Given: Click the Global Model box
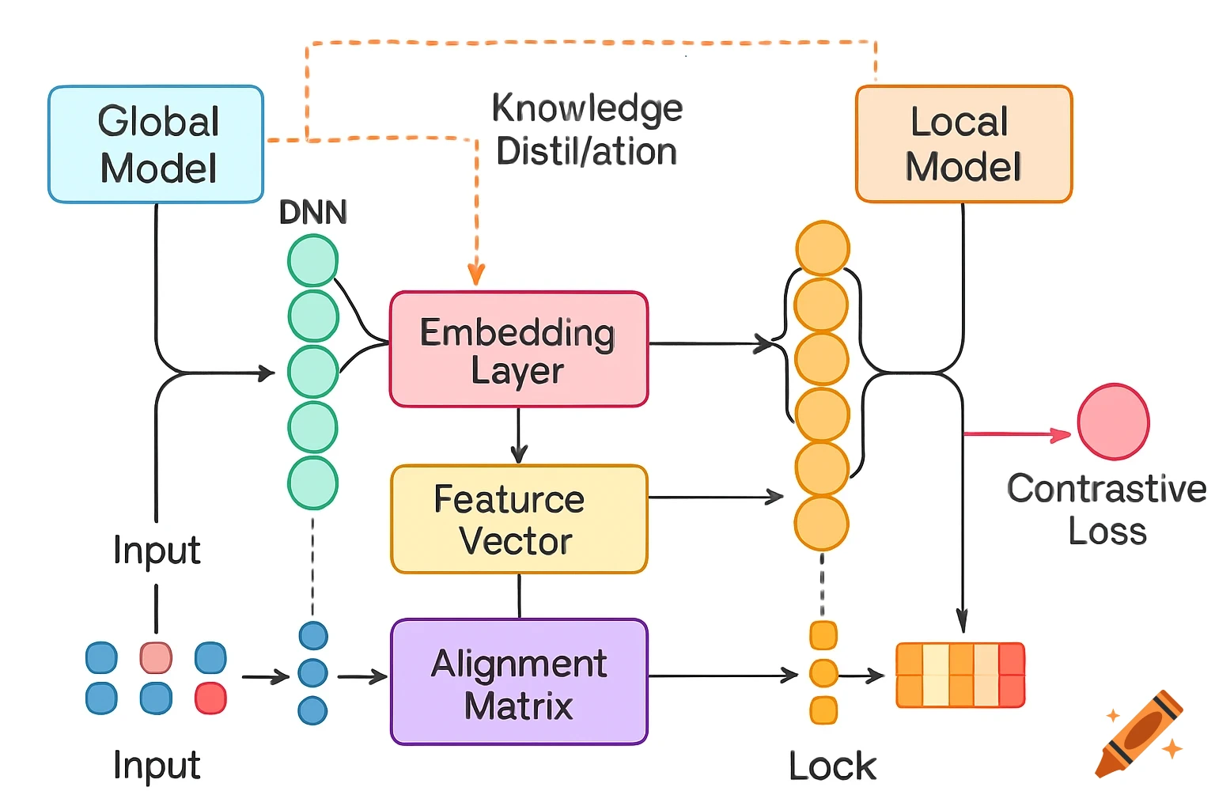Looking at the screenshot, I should tap(156, 144).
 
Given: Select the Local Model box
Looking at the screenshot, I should tap(963, 144).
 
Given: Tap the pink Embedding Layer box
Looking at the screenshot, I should tap(518, 349).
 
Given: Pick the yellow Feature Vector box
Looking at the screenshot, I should tap(518, 519).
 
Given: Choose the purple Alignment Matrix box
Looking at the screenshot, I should tap(518, 682).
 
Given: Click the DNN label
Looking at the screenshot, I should tap(313, 212).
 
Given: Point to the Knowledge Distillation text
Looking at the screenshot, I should tap(586, 130).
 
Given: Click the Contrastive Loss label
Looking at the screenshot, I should tap(1107, 509).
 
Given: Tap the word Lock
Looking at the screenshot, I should tap(832, 766).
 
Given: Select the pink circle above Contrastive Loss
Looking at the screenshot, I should tap(1113, 422).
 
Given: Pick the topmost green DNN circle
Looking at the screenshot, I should tap(313, 261).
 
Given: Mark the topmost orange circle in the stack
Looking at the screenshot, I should tap(823, 248).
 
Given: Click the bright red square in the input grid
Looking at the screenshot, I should tap(210, 698).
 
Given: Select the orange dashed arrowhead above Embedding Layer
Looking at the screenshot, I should tap(476, 273).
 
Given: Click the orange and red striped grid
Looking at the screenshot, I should tap(960, 675).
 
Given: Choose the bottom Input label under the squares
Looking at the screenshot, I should tap(157, 765).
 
